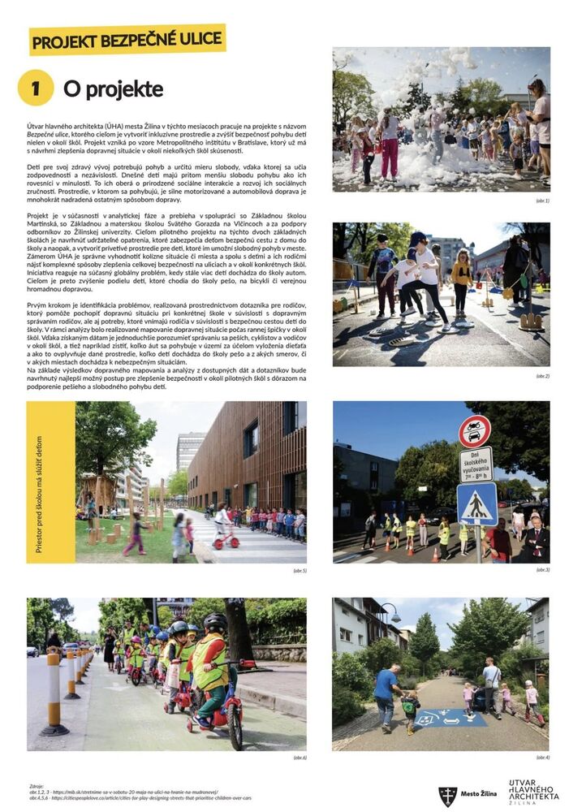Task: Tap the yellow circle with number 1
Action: pyautogui.click(x=36, y=89)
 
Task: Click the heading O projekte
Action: pyautogui.click(x=113, y=89)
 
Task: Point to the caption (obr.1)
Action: pyautogui.click(x=542, y=200)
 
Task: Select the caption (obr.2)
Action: pyautogui.click(x=542, y=376)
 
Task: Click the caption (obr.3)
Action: pyautogui.click(x=542, y=570)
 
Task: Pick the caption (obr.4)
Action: pyautogui.click(x=542, y=758)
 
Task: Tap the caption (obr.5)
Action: pyautogui.click(x=300, y=571)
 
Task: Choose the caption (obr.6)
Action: pyautogui.click(x=300, y=758)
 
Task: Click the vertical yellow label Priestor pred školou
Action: pyautogui.click(x=39, y=483)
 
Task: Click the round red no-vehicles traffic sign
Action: pyautogui.click(x=474, y=431)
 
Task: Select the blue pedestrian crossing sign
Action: pyautogui.click(x=476, y=504)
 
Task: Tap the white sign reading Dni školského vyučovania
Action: pyautogui.click(x=476, y=465)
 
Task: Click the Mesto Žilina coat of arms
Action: pyautogui.click(x=447, y=795)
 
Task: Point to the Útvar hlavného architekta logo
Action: pyautogui.click(x=533, y=792)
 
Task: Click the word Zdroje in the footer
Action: pyautogui.click(x=37, y=786)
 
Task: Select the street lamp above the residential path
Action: pyautogui.click(x=392, y=613)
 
